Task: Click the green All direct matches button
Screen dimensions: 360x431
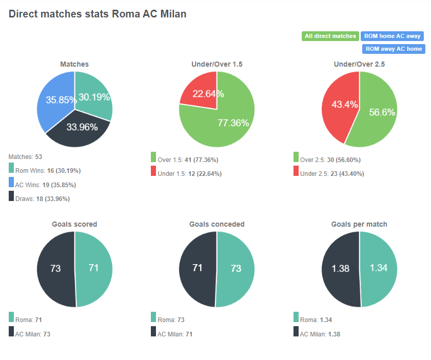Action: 330,36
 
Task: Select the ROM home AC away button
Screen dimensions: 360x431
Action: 392,36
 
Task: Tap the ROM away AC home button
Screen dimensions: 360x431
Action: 394,49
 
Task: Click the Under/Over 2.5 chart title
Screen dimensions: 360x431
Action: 359,65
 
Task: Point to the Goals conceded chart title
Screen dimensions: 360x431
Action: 217,225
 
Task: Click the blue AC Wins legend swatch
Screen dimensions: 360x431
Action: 12,182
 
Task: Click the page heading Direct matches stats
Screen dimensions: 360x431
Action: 97,14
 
